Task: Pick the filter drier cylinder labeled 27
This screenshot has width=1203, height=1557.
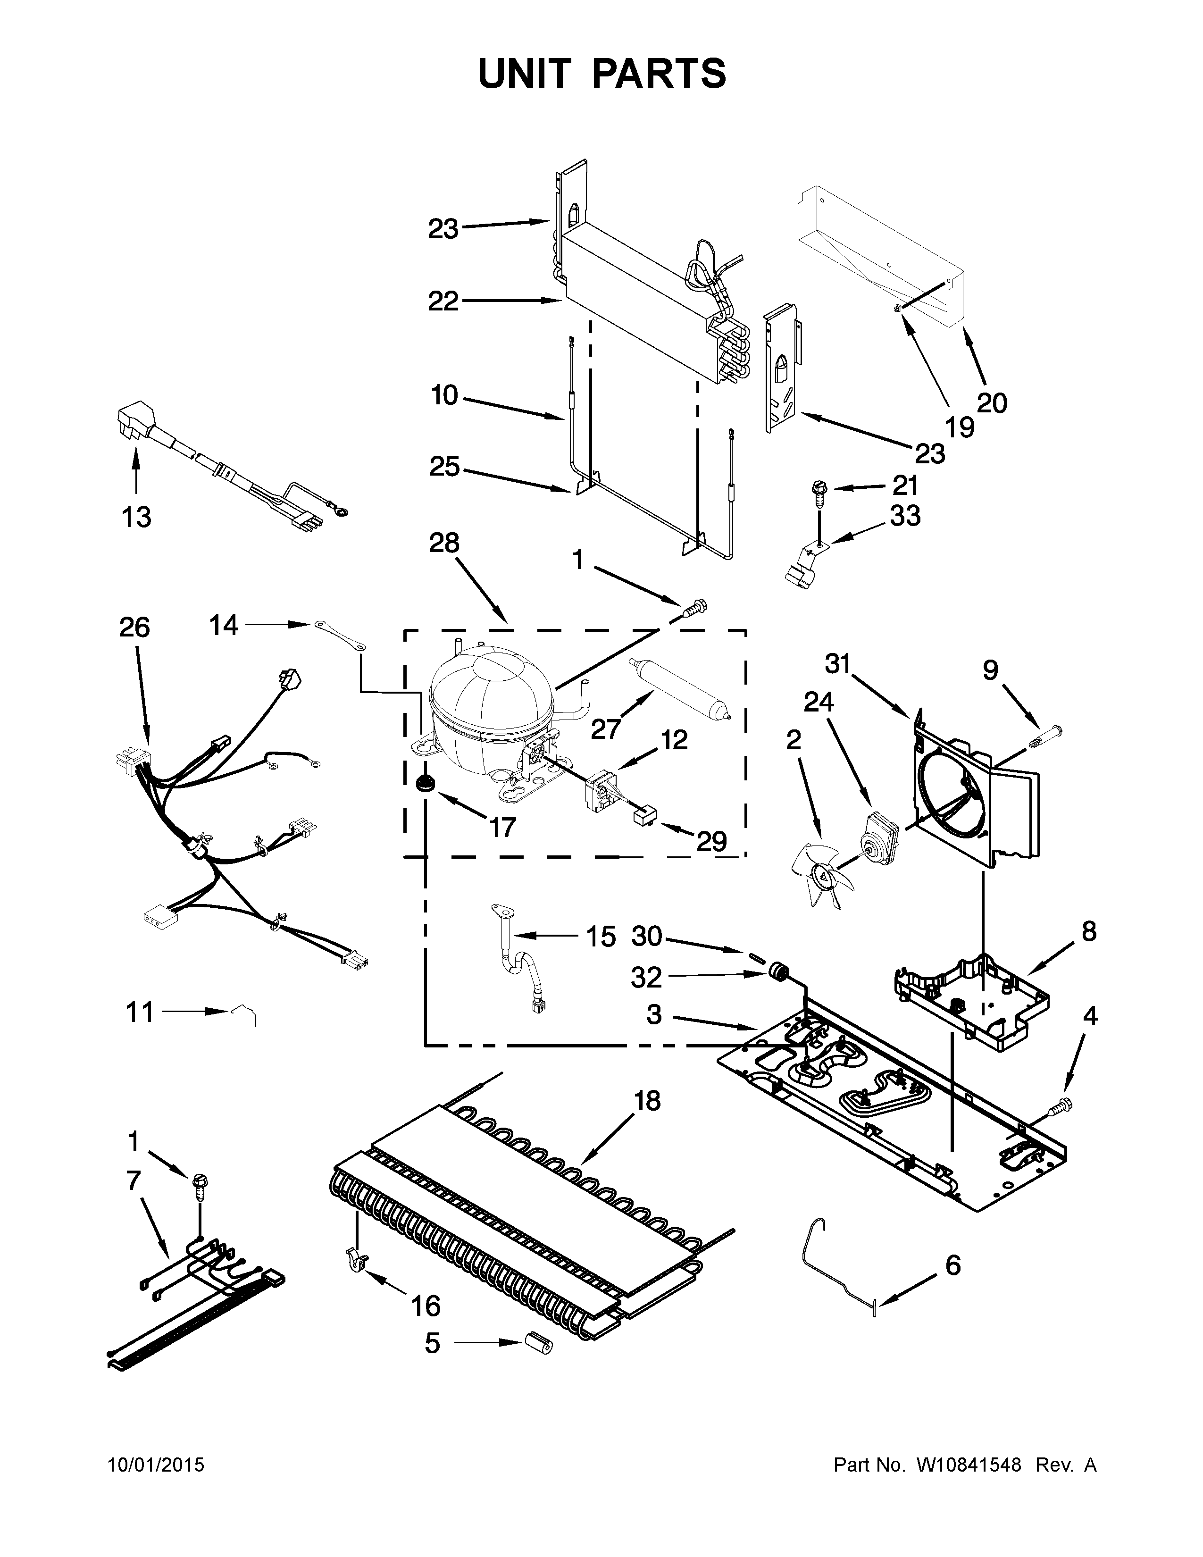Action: pyautogui.click(x=682, y=688)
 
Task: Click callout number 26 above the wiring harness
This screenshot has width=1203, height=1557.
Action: pyautogui.click(x=134, y=628)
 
